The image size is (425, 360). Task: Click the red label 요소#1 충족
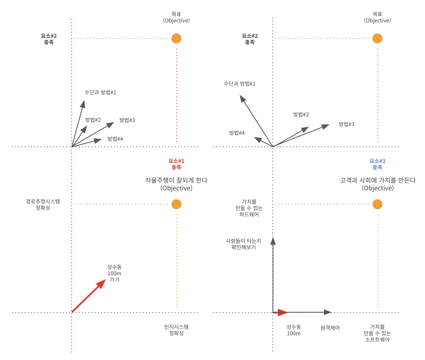coord(176,164)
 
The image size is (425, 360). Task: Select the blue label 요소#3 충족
coord(377,164)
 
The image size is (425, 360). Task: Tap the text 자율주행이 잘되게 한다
coord(176,180)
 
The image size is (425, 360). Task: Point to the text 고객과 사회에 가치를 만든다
coord(377,180)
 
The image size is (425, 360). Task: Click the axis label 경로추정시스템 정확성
coord(43,204)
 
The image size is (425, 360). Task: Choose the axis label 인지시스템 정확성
coord(176,330)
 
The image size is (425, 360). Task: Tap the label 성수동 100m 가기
coord(114,273)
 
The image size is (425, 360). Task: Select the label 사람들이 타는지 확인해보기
coord(244,244)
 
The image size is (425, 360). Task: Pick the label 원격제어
coord(330,328)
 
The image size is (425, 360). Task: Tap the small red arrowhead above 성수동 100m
coord(282,312)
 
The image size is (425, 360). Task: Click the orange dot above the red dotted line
coord(176,38)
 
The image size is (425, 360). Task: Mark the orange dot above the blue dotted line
coord(377,38)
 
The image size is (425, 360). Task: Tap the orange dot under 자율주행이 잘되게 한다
coord(176,204)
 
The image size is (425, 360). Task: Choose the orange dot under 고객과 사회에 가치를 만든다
coord(377,204)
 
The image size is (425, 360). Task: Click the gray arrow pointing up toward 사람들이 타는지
coord(273,274)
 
